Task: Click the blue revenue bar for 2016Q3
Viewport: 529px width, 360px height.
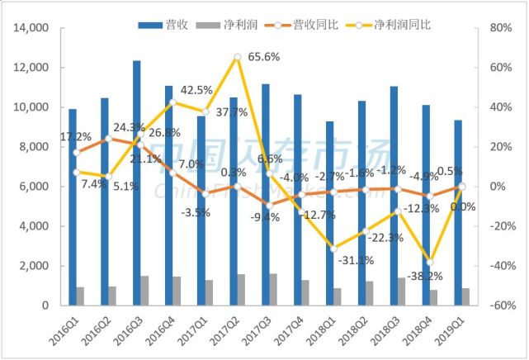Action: (137, 182)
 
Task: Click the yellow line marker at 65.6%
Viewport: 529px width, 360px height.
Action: (238, 57)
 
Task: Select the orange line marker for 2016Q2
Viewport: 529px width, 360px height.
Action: (109, 139)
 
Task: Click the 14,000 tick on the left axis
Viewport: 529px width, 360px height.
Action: (32, 28)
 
